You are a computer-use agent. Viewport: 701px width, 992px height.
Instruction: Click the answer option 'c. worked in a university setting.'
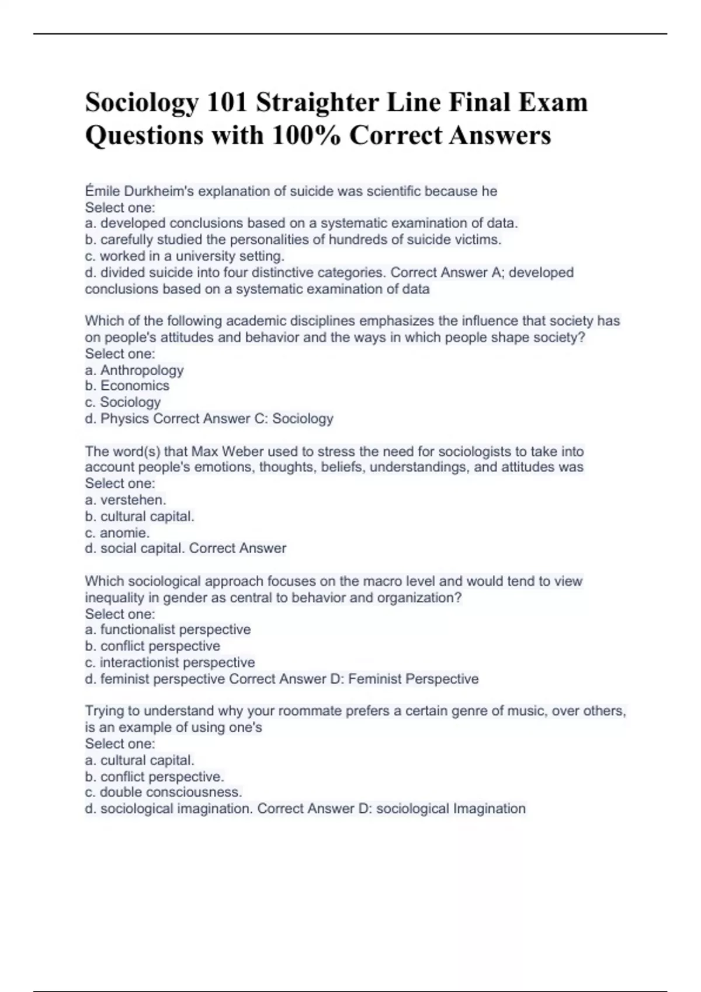[x=185, y=256]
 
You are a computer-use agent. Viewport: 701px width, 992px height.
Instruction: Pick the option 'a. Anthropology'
[x=134, y=370]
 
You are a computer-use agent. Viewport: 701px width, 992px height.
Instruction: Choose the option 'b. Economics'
[x=127, y=386]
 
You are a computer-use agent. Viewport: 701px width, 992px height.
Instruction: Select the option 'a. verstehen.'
[x=126, y=500]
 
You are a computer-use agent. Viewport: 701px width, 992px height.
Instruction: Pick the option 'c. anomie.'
[x=117, y=533]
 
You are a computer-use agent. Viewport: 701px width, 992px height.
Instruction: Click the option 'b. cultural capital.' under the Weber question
[x=140, y=516]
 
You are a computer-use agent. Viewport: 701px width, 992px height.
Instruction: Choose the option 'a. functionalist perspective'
[x=168, y=630]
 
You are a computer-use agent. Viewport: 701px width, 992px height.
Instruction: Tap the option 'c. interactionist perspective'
[x=170, y=662]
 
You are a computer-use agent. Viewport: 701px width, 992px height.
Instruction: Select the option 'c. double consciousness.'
[x=164, y=792]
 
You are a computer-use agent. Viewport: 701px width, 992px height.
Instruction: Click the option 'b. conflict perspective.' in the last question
[x=155, y=777]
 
